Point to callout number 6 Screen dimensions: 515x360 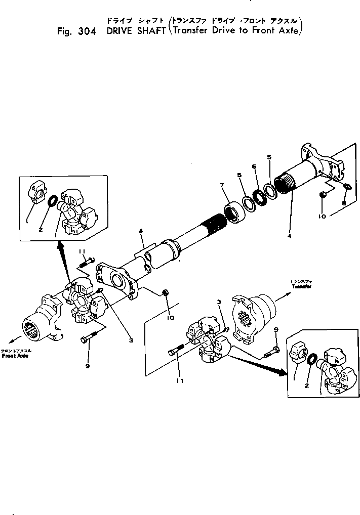[254, 166]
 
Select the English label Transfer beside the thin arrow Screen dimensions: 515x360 [301, 286]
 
